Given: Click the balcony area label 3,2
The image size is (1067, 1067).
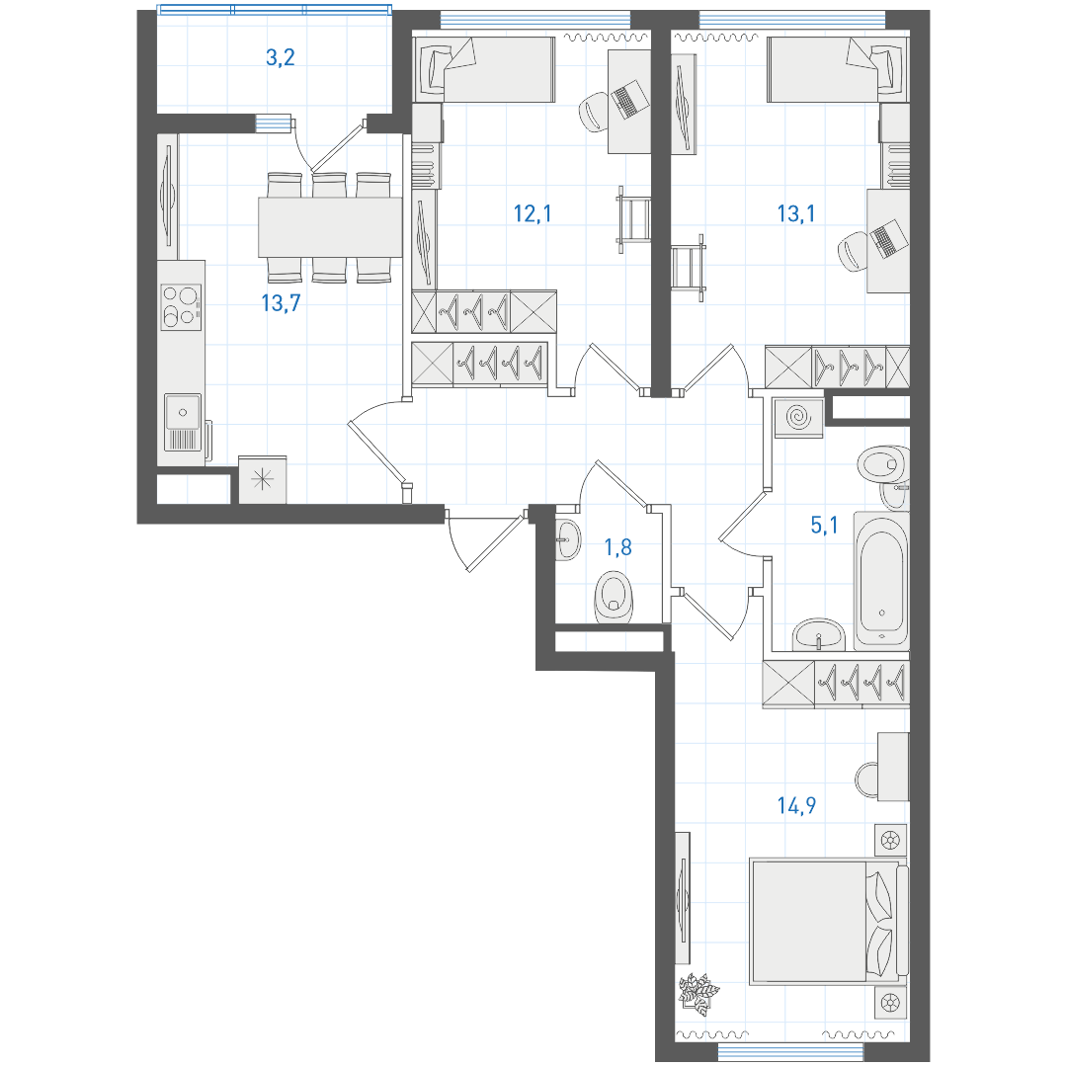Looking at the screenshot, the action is tap(280, 58).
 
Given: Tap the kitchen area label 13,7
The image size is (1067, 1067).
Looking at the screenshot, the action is tap(281, 303).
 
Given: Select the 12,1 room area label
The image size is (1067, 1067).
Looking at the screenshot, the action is tap(533, 213).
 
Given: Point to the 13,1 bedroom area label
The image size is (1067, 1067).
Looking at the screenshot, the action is tap(796, 213).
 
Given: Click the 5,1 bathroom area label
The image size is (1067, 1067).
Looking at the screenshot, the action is tap(824, 525).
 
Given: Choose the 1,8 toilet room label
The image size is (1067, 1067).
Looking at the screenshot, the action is tap(617, 546).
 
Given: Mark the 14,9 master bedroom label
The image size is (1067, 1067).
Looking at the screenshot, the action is tap(796, 806).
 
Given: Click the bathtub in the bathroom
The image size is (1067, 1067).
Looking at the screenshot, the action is tap(882, 578).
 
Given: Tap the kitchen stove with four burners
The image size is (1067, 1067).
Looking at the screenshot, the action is tap(181, 307).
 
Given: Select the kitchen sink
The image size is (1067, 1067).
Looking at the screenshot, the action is tap(182, 423).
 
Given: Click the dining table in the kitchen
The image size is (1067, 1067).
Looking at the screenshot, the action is tap(330, 226).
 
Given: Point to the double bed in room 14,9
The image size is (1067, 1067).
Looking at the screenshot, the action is tap(828, 922).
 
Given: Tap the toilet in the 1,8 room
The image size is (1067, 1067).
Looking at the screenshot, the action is tap(614, 598).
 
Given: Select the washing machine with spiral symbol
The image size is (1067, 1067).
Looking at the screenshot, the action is tap(798, 417).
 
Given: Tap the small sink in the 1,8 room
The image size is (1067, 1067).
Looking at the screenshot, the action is tap(567, 540).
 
